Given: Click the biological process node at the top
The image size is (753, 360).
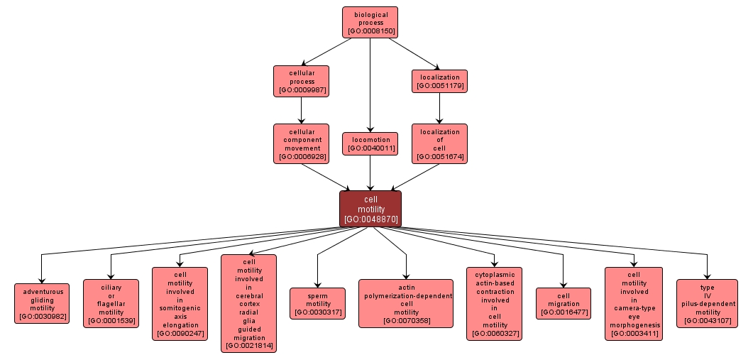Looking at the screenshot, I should pos(370,22).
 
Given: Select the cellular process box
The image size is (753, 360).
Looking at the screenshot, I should pos(301,81).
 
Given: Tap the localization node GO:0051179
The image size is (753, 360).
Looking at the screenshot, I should pos(439,81).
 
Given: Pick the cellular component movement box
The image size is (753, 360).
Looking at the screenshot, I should pos(301,143).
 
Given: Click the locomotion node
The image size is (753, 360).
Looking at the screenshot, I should pos(370,143).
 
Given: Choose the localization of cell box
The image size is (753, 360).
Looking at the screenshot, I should pos(439,143).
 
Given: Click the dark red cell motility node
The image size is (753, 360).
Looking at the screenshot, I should pos(370,209).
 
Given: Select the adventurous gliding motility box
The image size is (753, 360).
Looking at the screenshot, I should pos(42,303).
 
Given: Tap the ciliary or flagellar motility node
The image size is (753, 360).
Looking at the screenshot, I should pos(111,303).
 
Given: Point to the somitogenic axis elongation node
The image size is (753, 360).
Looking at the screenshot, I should pos(180,303).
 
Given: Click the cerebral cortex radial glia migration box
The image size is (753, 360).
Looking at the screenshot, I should pos(248,303).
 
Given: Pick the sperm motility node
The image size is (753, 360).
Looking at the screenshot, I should pos(317,303).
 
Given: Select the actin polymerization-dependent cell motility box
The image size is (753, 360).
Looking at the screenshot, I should pos(406,303).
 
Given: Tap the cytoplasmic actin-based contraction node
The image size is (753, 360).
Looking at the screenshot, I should pos(495,303).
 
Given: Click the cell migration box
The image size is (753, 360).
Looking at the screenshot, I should pos(564,303).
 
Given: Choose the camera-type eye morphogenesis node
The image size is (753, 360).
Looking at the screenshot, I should pos(633,303).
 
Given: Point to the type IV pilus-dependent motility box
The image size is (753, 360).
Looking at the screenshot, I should pos(707,303).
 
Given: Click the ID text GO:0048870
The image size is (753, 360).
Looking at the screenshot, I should pos(370,219).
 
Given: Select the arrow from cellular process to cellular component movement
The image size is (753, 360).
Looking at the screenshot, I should pos(301,110).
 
